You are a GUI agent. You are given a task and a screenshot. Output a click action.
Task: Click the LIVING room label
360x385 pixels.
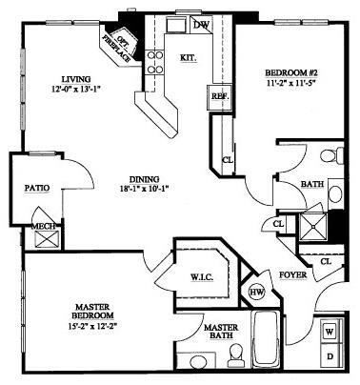click(74, 79)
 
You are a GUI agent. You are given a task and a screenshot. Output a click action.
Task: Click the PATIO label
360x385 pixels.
click(36, 189)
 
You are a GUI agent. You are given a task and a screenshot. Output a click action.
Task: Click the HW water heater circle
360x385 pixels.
click(256, 291)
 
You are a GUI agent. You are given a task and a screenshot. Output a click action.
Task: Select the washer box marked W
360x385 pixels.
click(330, 332)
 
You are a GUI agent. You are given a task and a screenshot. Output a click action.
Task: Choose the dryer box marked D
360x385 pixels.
click(330, 356)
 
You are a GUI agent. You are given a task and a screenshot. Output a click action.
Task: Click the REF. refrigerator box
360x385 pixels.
click(217, 95)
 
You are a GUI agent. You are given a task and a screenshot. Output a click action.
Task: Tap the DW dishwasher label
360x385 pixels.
click(202, 23)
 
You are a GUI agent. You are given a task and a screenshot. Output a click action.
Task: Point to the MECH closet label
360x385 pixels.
click(44, 227)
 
